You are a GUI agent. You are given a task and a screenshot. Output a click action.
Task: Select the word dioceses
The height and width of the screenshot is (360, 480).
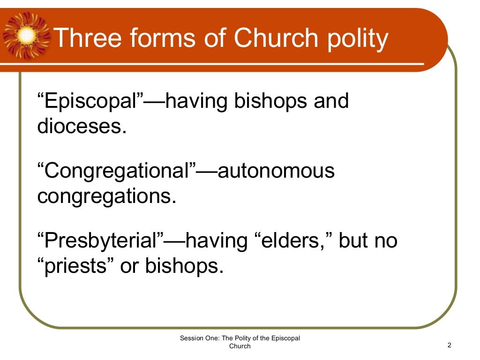82,127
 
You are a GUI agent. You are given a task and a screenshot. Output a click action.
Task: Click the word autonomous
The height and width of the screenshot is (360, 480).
277,171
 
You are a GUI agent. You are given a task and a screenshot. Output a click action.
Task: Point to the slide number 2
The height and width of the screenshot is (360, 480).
449,345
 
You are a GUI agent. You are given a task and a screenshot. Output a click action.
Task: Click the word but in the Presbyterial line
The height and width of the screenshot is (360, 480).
352,241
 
